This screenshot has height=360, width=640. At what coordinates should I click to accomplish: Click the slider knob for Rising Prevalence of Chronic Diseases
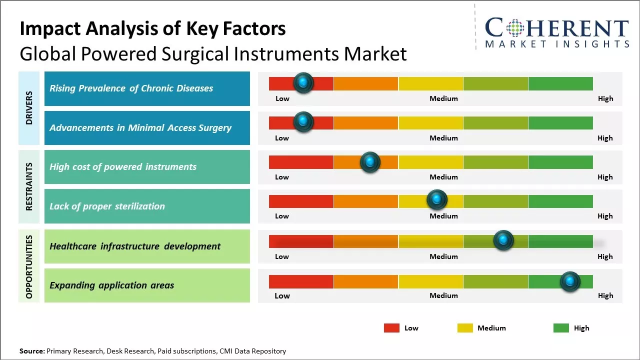click(303, 83)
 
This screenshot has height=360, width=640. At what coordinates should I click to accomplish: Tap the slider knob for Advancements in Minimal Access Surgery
click(303, 122)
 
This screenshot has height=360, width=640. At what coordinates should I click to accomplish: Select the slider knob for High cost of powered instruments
click(370, 162)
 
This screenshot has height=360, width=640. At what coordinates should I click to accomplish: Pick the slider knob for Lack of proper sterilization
click(437, 200)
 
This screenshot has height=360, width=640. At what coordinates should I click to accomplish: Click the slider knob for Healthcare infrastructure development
click(503, 240)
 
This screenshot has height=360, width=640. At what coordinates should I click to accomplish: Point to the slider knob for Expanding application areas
click(570, 281)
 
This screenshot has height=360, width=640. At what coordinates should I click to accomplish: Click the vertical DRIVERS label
click(29, 108)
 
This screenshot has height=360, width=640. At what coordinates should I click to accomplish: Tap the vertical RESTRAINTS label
click(29, 186)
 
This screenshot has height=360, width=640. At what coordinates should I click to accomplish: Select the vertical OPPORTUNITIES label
click(29, 266)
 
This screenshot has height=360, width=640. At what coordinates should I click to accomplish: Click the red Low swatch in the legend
click(391, 328)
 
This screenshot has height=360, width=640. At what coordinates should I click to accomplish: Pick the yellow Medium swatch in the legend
click(465, 328)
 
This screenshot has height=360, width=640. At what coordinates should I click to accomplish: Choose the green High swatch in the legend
click(561, 328)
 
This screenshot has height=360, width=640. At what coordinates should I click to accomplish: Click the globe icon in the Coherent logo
click(516, 28)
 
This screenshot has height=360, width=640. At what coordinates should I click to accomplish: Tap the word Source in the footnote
click(31, 351)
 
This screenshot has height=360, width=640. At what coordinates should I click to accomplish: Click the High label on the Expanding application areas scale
click(605, 295)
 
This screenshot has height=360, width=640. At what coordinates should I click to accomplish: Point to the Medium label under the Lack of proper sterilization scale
click(443, 216)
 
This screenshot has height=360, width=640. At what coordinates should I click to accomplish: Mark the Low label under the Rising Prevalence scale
click(282, 98)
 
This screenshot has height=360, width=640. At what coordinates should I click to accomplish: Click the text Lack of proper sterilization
click(107, 206)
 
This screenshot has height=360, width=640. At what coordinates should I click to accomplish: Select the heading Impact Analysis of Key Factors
click(152, 28)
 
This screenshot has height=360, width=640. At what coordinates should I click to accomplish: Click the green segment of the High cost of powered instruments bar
click(560, 162)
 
